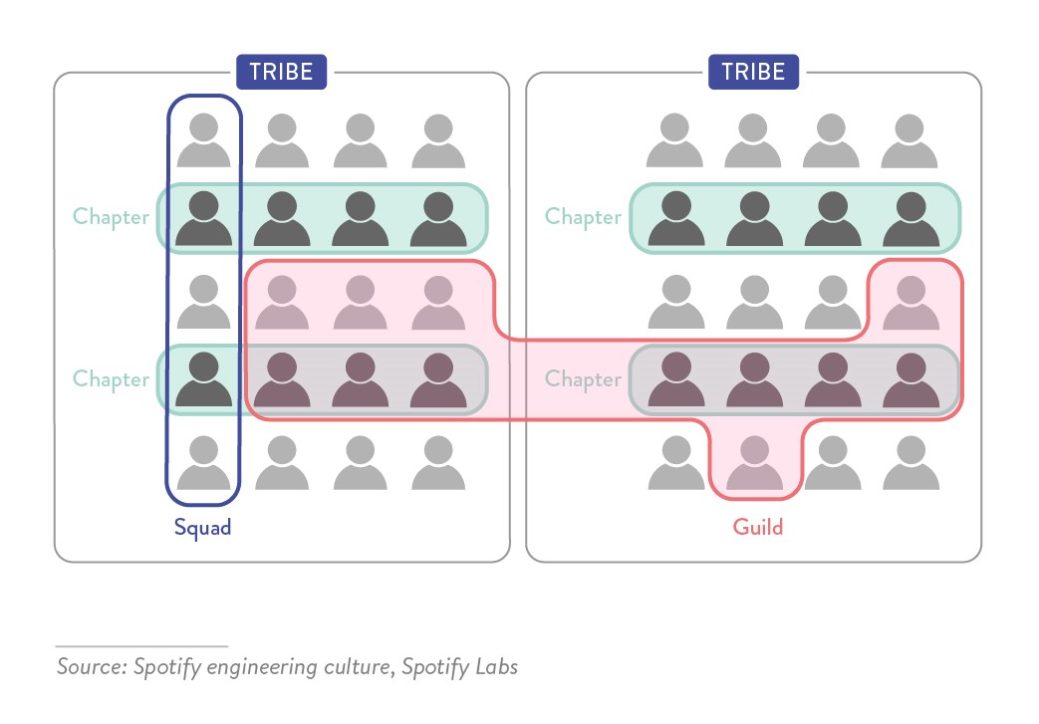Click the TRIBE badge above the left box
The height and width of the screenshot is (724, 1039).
(281, 72)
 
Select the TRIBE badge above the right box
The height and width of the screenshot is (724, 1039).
(753, 72)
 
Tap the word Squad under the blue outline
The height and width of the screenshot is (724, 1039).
(202, 527)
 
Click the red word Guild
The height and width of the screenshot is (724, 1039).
(758, 527)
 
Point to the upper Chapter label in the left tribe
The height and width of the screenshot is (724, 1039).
(111, 216)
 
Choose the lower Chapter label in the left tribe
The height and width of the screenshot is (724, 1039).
(111, 379)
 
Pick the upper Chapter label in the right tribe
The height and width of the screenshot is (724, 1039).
(583, 216)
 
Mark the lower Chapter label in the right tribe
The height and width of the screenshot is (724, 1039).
(583, 379)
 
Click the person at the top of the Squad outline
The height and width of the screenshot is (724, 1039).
(203, 140)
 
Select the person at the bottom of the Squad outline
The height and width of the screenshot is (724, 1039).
(203, 463)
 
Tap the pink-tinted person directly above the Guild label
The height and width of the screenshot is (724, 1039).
(754, 463)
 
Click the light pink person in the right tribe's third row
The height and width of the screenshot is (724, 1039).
(910, 302)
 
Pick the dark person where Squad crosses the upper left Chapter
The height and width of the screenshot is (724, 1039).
(203, 218)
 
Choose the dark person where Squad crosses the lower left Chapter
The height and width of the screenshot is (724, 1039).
(203, 379)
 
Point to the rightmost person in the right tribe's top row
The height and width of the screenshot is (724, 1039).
(910, 140)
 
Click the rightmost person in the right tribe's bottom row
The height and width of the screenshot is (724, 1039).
(910, 463)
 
